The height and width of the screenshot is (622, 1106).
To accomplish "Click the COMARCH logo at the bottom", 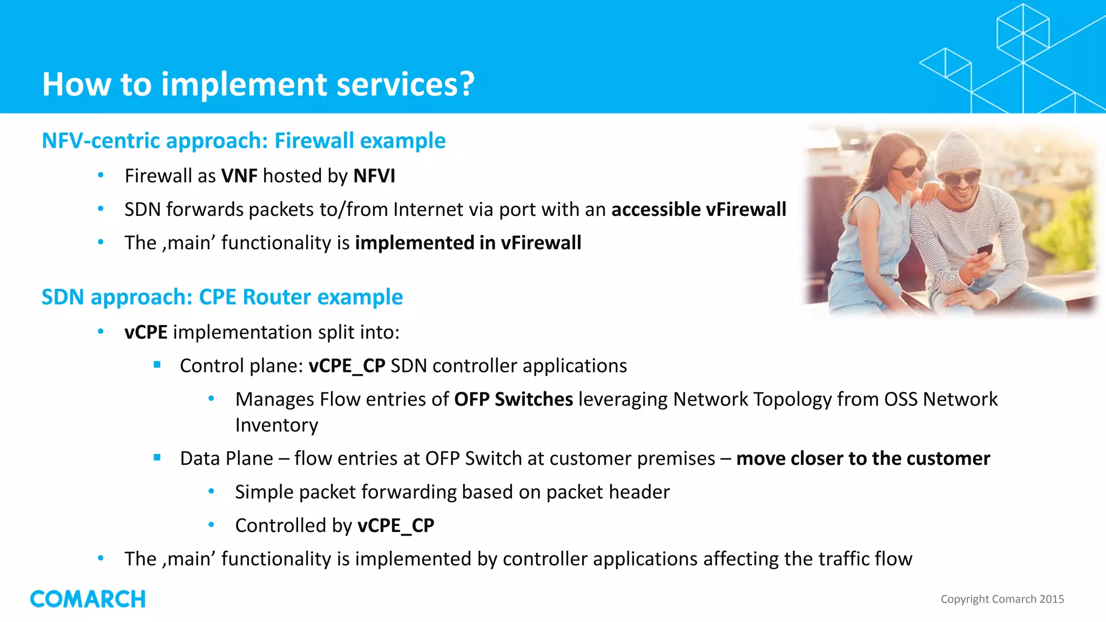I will pyautogui.click(x=87, y=599).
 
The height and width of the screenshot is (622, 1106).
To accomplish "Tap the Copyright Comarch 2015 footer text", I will pyautogui.click(x=1002, y=599).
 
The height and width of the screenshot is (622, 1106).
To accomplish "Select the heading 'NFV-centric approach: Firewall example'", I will pyautogui.click(x=244, y=141).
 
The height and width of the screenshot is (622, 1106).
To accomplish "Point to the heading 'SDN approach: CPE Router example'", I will pyautogui.click(x=222, y=297).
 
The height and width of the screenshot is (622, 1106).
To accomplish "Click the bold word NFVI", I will pyautogui.click(x=374, y=176).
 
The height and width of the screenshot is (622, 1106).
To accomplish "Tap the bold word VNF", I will pyautogui.click(x=239, y=176).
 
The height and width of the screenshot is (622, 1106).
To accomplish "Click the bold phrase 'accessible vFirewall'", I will pyautogui.click(x=698, y=209).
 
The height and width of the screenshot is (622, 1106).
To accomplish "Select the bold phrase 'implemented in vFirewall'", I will pyautogui.click(x=468, y=243).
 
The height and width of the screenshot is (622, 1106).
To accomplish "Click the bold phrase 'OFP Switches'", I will pyautogui.click(x=513, y=400).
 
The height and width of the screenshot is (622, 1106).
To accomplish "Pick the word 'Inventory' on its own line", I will pyautogui.click(x=276, y=425).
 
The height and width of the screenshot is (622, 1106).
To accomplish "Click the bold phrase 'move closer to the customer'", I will pyautogui.click(x=862, y=458).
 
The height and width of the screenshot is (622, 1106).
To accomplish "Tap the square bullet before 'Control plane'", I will pyautogui.click(x=157, y=365).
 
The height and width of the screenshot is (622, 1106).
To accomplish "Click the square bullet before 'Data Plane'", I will pyautogui.click(x=157, y=458).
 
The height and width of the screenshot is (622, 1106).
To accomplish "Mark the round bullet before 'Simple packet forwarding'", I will pyautogui.click(x=212, y=491).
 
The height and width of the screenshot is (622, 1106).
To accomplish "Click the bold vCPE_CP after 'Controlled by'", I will pyautogui.click(x=395, y=525).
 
